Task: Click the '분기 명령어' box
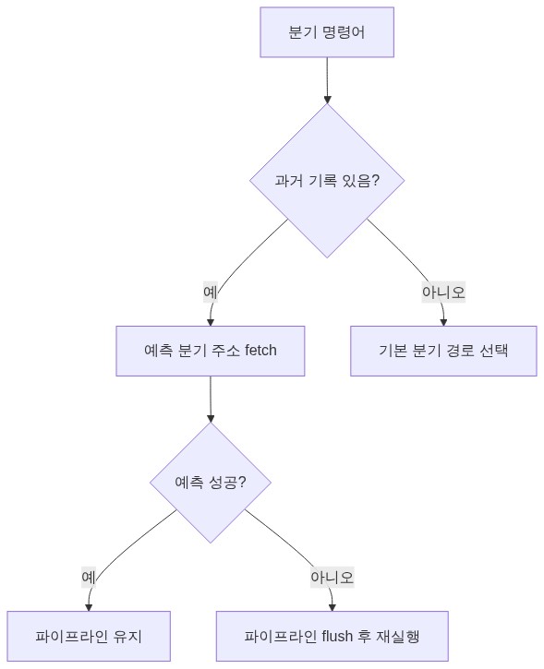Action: [x=327, y=32]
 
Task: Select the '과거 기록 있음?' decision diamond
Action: [x=327, y=181]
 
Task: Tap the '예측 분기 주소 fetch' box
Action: [x=210, y=351]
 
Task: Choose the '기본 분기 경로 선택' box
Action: [x=443, y=351]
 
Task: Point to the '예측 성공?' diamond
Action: [x=210, y=483]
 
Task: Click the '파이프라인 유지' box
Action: [x=89, y=636]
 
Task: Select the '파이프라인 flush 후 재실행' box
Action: [x=332, y=636]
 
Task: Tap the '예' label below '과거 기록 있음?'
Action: [x=210, y=293]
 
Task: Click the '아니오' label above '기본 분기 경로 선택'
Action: [x=443, y=293]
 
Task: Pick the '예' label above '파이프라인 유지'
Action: [x=89, y=578]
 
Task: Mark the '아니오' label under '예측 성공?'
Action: [x=332, y=578]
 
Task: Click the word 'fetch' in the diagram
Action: [x=260, y=351]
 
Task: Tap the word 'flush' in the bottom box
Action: [x=337, y=636]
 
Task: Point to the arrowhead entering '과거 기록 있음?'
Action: [x=327, y=100]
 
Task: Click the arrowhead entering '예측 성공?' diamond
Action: [x=210, y=419]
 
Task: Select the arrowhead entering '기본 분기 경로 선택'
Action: [x=443, y=323]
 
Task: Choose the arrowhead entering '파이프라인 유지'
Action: [x=89, y=607]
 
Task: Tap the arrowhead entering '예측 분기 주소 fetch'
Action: [x=210, y=323]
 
